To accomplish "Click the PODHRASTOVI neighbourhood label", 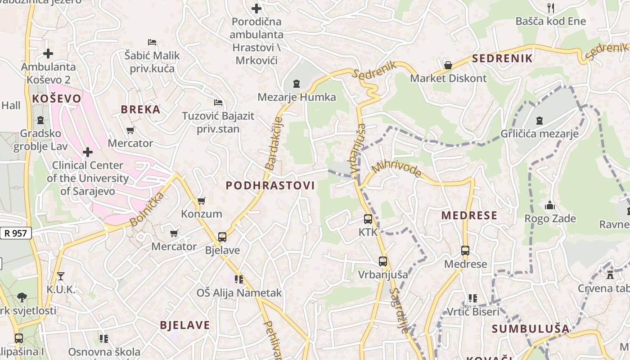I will point(270,185).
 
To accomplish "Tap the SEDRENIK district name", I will point(502,58).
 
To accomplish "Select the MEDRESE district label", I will point(469,215).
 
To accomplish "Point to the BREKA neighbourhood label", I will point(140,109).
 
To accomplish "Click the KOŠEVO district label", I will point(57,99).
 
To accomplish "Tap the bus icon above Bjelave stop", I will point(222,237).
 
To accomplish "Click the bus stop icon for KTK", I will point(368,219).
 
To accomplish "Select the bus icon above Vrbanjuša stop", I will point(383,261).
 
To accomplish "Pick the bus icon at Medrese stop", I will point(465,251).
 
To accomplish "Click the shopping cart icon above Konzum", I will point(202,201).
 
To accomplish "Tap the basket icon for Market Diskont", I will point(448,65).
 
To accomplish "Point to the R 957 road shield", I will point(16,233).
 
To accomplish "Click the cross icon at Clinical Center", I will point(88,152).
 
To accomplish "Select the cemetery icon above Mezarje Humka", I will point(297,84).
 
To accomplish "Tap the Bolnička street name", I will point(147,210).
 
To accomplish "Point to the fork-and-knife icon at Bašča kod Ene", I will point(550,8).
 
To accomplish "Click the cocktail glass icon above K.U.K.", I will point(61,276).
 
